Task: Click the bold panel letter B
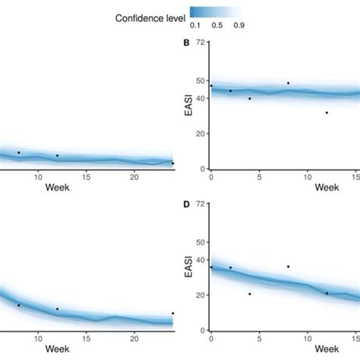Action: click(187, 43)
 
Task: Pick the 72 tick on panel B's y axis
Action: click(199, 43)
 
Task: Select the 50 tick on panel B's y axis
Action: click(199, 81)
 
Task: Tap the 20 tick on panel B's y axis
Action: click(199, 134)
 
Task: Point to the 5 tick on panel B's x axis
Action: click(260, 178)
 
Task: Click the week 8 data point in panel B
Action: click(288, 83)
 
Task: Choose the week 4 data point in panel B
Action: click(249, 99)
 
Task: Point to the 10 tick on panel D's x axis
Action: click(308, 339)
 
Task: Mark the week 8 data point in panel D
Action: click(288, 267)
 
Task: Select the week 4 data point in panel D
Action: click(249, 294)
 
